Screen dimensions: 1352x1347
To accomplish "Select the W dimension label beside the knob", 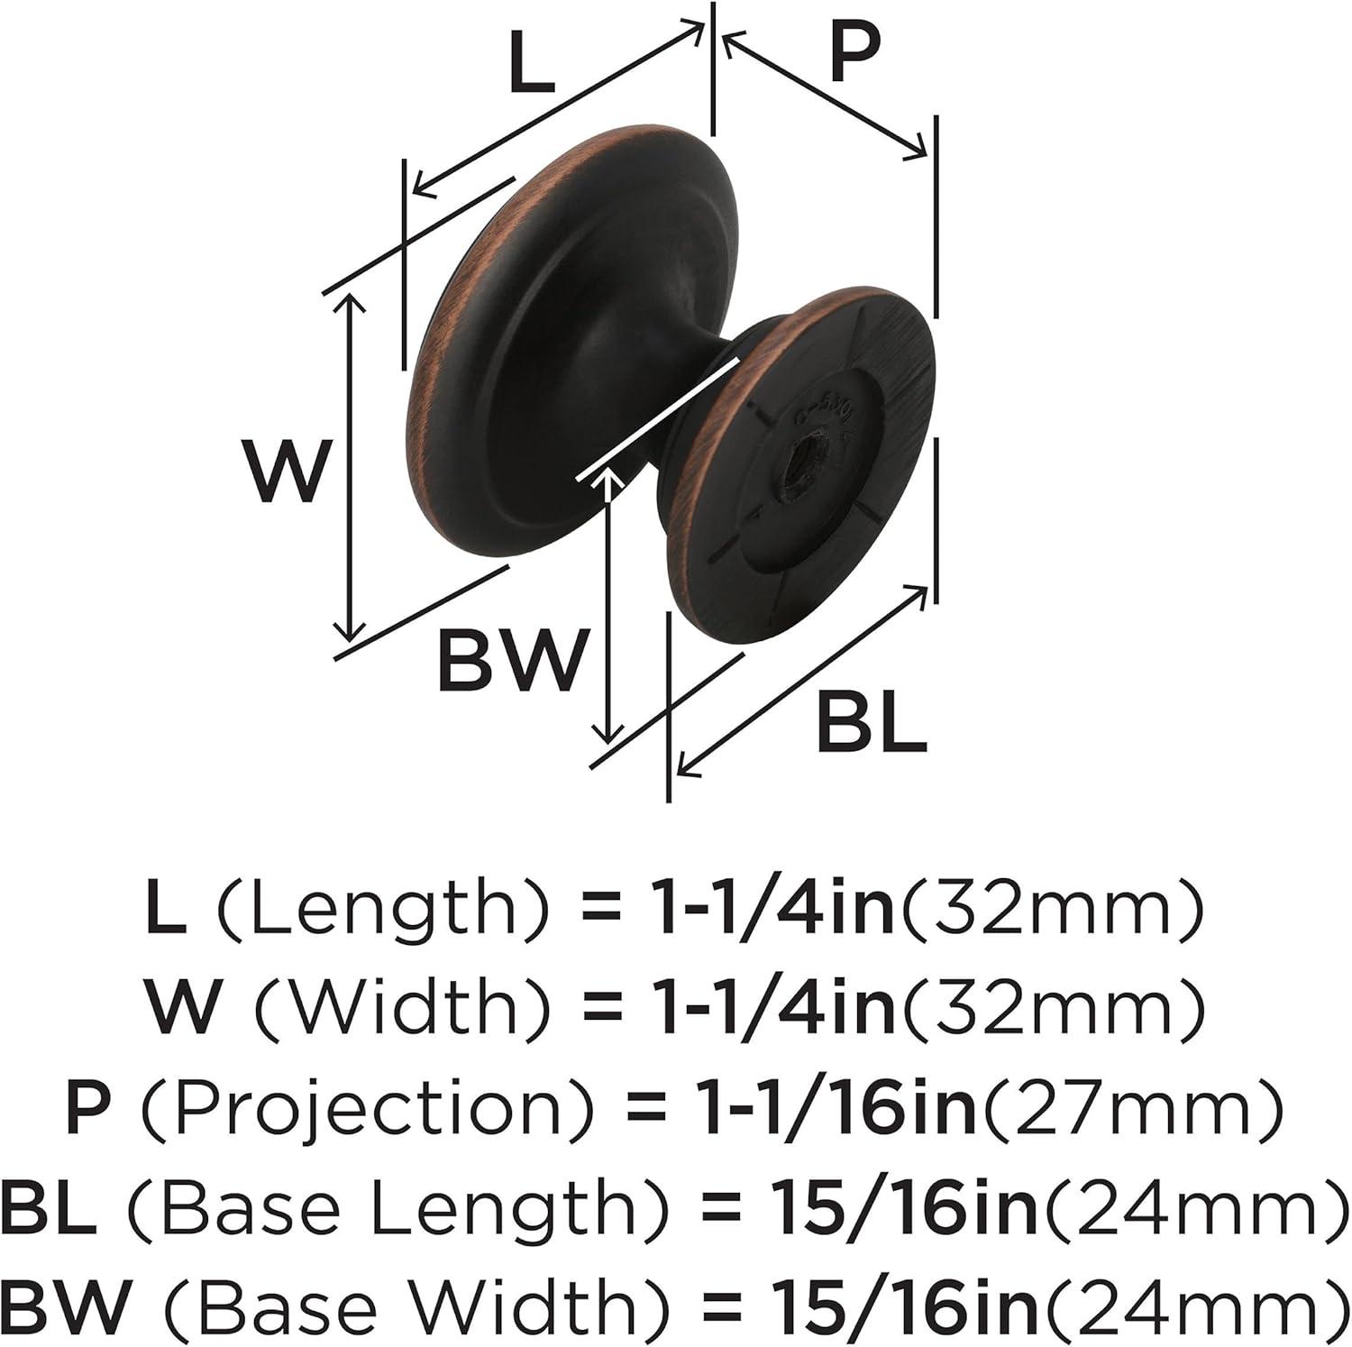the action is click(x=286, y=472).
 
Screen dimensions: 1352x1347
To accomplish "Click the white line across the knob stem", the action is click(x=659, y=417).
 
